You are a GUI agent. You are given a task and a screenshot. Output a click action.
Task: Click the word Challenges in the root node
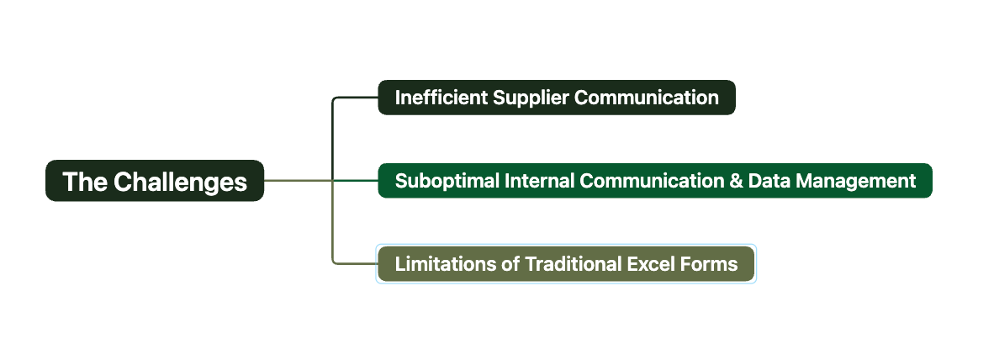tap(180, 182)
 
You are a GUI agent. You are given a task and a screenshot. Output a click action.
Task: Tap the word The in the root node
tap(84, 182)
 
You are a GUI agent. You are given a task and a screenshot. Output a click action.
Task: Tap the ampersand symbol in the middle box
tap(736, 182)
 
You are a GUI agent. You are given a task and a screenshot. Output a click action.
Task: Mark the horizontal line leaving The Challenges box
tap(298, 181)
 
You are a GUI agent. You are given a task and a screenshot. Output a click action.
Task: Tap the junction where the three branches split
tap(333, 181)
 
